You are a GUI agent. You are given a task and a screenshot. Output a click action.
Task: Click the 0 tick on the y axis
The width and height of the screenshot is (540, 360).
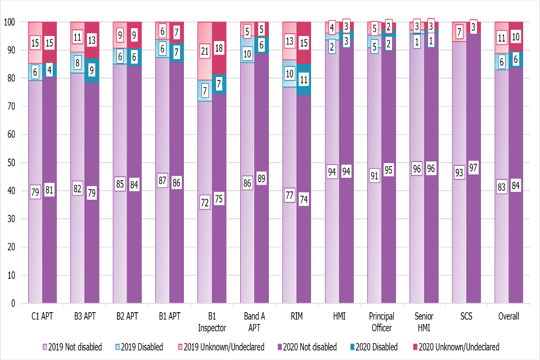(x=11, y=304)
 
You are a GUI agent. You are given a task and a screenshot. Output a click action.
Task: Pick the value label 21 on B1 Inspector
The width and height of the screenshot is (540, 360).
(x=204, y=52)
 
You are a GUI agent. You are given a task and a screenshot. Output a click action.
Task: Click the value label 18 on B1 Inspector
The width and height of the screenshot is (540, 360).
(x=219, y=48)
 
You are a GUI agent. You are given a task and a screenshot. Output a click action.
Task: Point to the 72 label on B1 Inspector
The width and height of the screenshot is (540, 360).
(x=204, y=202)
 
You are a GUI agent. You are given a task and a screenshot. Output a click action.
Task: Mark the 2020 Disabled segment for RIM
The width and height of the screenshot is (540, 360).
(x=304, y=79)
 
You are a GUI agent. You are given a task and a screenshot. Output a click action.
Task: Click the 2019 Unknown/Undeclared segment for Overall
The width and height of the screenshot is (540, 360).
(x=502, y=38)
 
